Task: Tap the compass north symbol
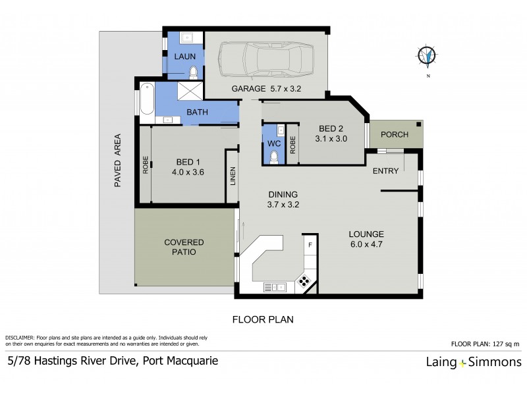428,57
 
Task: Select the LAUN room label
184,57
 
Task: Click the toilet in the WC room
275,156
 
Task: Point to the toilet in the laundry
194,72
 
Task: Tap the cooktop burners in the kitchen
306,282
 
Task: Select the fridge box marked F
310,245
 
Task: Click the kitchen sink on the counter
273,286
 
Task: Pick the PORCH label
395,134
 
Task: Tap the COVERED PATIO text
184,247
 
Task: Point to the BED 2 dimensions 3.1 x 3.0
329,138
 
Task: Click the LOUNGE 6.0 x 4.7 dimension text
367,244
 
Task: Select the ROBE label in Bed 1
146,165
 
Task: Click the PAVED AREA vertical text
118,161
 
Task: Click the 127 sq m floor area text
505,344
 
